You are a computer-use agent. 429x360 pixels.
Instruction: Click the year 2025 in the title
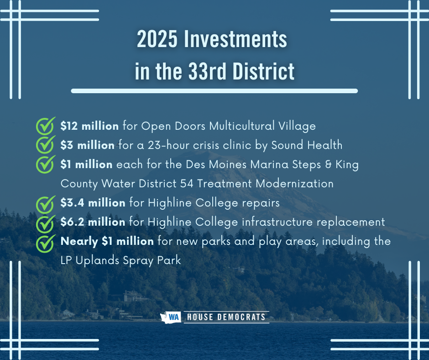pos(157,39)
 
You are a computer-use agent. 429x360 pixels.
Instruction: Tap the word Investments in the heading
pos(235,39)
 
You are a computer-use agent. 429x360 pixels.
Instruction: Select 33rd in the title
pos(207,71)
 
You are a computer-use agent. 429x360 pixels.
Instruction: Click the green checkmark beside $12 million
pos(46,126)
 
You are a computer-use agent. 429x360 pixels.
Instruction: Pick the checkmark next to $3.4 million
pos(46,204)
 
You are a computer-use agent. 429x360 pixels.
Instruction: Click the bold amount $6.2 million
pos(93,222)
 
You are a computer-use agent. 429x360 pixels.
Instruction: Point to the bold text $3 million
pos(88,145)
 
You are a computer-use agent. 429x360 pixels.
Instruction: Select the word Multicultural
pos(242,126)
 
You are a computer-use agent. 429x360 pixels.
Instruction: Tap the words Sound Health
pos(307,145)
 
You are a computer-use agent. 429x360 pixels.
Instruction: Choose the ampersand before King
pos(328,164)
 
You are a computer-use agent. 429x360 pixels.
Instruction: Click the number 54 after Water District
pos(187,184)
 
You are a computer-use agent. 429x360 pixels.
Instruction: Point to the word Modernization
pos(294,184)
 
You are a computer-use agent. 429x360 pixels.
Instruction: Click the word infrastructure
pos(277,222)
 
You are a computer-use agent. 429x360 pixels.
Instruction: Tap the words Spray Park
pos(152,260)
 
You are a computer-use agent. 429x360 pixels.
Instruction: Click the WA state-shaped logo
pos(171,317)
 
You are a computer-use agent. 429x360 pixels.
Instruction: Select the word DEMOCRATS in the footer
pos(241,317)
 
